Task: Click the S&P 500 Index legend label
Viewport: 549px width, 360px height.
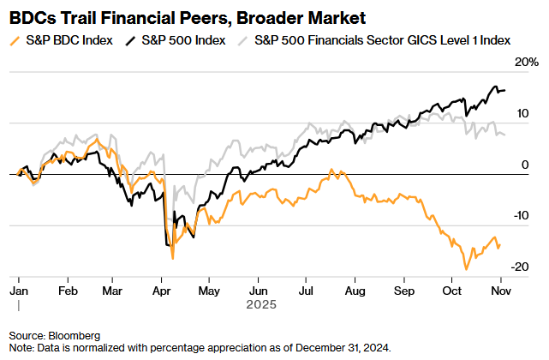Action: [181, 39]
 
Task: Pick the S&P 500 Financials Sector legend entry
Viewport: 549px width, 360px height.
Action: [380, 39]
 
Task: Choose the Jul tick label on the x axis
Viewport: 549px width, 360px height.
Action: [306, 291]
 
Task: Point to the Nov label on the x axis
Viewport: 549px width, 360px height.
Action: [498, 291]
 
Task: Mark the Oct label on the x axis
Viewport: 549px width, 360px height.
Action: [450, 291]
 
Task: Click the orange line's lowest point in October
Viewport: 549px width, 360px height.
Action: [466, 269]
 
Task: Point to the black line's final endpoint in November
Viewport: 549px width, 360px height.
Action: [504, 90]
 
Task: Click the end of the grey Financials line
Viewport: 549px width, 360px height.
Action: [504, 134]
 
